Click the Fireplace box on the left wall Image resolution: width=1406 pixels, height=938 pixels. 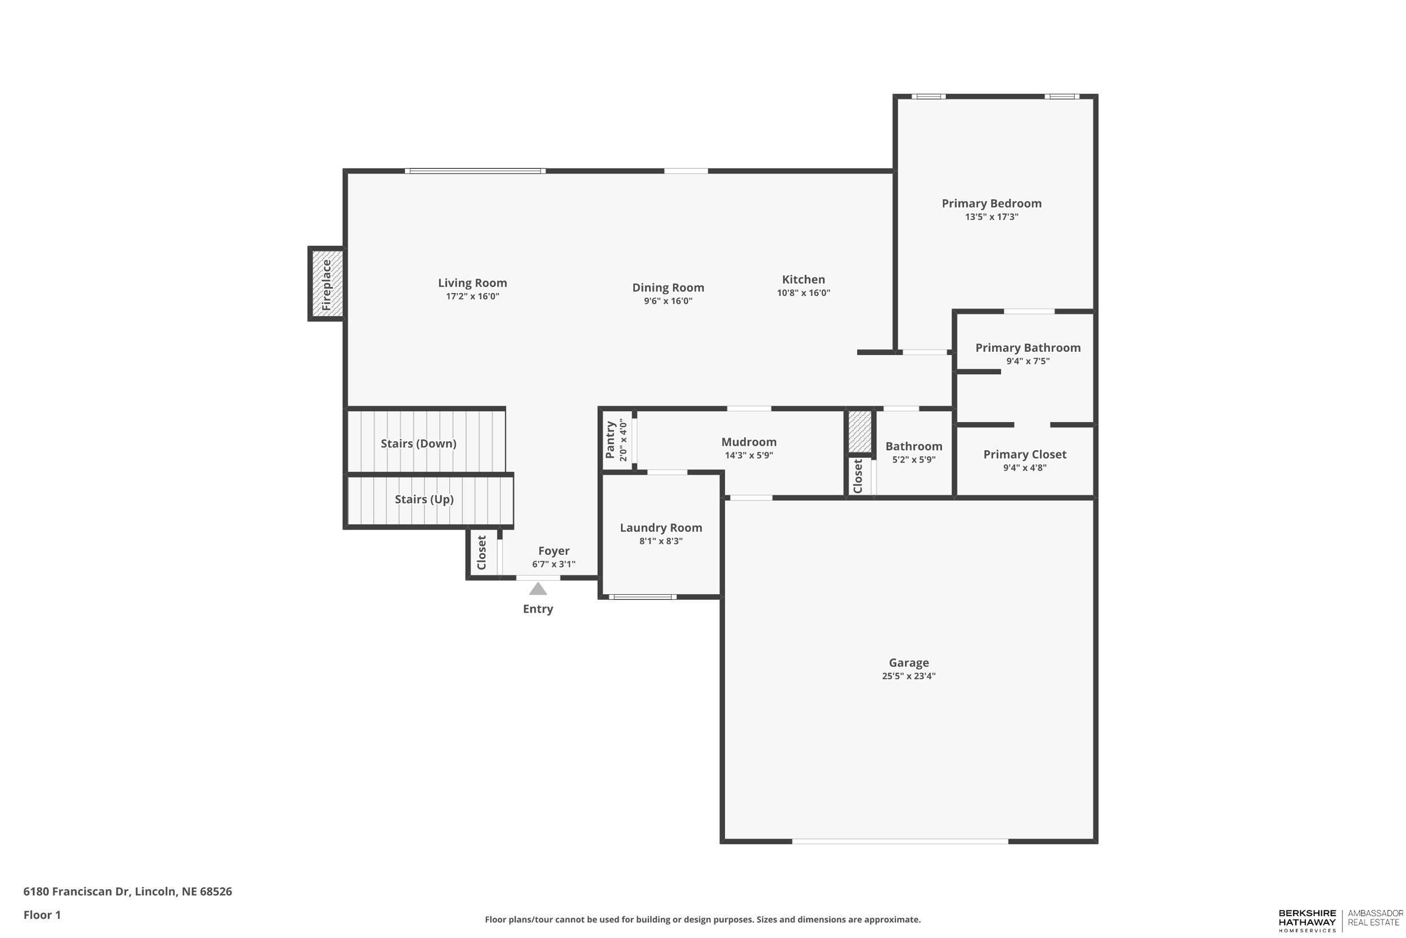point(326,284)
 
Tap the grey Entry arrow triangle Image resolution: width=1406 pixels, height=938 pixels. point(538,589)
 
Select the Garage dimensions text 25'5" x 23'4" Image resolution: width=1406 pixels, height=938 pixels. point(908,676)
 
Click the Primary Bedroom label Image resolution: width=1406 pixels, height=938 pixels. point(991,203)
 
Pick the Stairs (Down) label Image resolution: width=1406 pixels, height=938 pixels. point(418,443)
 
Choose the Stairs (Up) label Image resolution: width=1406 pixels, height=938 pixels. point(424,499)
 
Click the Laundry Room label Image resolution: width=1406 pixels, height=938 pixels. point(661,528)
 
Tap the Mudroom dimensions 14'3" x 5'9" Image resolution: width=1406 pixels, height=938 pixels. point(749,455)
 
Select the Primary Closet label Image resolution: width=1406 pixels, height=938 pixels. point(1025,454)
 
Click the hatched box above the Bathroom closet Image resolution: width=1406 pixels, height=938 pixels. point(859,432)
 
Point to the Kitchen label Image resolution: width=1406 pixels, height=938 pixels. point(803,279)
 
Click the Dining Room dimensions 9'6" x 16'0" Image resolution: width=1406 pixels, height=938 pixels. point(668,301)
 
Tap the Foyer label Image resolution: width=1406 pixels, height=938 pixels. point(553,551)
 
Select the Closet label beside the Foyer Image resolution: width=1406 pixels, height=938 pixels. point(482,553)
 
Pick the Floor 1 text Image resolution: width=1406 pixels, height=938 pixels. point(42,915)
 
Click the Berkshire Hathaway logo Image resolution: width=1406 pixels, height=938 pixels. point(1307,920)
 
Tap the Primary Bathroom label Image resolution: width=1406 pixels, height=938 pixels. point(1028,348)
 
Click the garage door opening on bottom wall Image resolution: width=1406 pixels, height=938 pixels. point(900,841)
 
